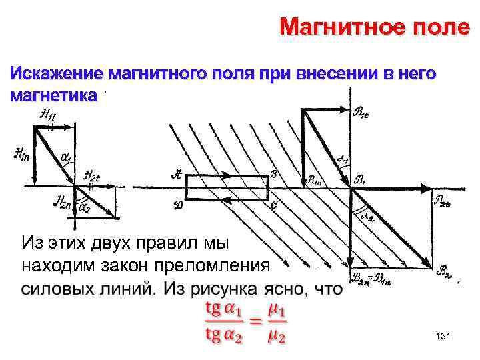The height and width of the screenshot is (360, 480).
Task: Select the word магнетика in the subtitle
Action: click(54, 95)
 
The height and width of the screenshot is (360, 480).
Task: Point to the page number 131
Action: click(442, 337)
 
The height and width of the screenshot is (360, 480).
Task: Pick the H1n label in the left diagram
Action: click(20, 155)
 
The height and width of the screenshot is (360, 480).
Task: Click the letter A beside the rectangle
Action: click(176, 175)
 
